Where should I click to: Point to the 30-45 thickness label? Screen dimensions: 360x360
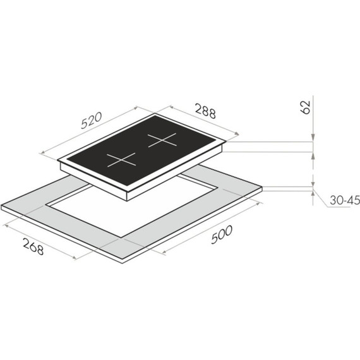pos(344,200)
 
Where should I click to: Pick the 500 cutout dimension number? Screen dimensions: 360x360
pos(222,235)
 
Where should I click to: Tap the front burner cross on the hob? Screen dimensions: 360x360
pos(121,160)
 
